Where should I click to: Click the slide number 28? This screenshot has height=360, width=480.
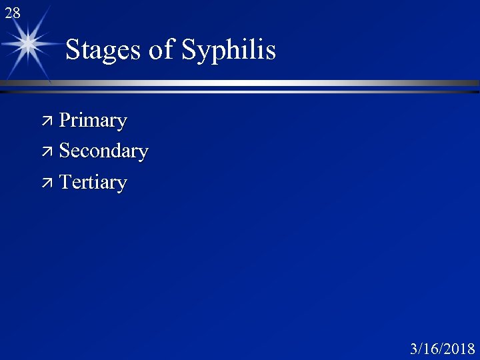point(12,12)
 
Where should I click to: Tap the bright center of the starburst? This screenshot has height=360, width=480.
point(28,45)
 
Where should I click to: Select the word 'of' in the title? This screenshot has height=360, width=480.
point(161,51)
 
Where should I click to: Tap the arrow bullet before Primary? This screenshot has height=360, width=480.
point(48,121)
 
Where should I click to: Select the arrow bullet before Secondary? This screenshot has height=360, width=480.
point(48,151)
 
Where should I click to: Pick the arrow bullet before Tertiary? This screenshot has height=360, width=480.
point(48,182)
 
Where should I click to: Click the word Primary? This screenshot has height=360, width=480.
point(93,121)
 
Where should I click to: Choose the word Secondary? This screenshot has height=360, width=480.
point(103,151)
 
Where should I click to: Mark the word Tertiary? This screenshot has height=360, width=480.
point(93,182)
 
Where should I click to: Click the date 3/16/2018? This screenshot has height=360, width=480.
point(443,349)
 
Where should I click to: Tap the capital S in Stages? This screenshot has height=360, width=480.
point(73,50)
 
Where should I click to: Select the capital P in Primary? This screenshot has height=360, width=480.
point(65,121)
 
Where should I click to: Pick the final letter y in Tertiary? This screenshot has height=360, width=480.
point(122,185)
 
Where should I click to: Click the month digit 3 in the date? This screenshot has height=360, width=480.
point(414,349)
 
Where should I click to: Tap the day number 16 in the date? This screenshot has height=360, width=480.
point(429,349)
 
